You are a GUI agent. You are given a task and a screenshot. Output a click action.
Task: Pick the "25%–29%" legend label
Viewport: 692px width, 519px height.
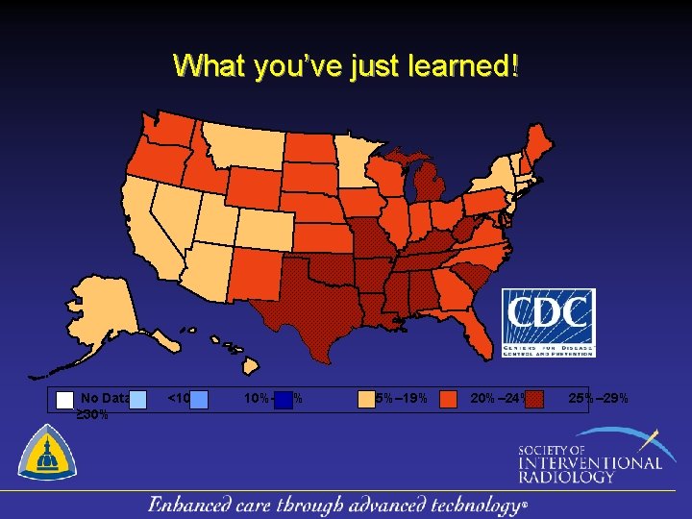(x=599, y=398)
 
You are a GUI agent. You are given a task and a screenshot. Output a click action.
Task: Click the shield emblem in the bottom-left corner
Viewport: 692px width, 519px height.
(x=46, y=454)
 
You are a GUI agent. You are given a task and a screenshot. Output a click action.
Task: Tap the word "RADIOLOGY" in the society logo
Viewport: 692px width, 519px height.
(x=566, y=476)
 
